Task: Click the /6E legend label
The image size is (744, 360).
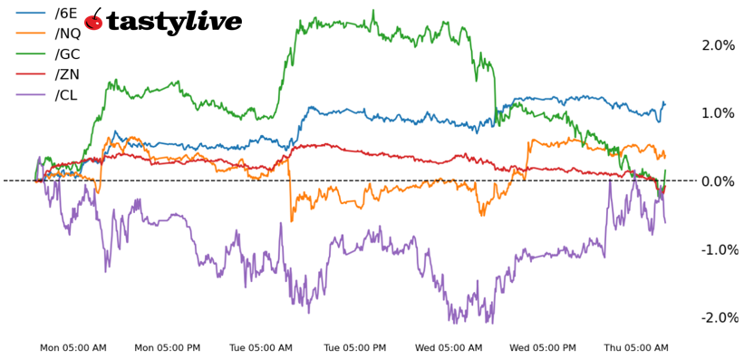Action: pyautogui.click(x=66, y=14)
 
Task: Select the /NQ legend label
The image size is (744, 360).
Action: pyautogui.click(x=69, y=34)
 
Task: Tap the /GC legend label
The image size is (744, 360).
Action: pyautogui.click(x=68, y=54)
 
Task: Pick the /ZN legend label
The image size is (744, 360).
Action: pyautogui.click(x=67, y=75)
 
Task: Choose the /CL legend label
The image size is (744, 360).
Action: pyautogui.click(x=66, y=95)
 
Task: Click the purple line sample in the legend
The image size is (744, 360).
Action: pyautogui.click(x=31, y=95)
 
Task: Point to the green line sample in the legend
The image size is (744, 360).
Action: pyautogui.click(x=31, y=54)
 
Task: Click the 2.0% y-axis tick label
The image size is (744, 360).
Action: pyautogui.click(x=718, y=45)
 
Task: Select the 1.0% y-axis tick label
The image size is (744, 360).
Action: pyautogui.click(x=718, y=113)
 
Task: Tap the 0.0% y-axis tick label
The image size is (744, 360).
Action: pyautogui.click(x=718, y=181)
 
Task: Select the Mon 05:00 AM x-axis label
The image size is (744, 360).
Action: pyautogui.click(x=73, y=348)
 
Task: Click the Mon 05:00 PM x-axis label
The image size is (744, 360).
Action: pyautogui.click(x=168, y=348)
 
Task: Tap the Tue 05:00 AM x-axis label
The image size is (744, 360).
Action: pyautogui.click(x=261, y=348)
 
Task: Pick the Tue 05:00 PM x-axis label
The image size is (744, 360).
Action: pyautogui.click(x=355, y=348)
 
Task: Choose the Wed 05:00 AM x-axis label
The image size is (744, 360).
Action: pyautogui.click(x=449, y=348)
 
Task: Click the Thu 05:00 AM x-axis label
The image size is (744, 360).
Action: pyautogui.click(x=636, y=348)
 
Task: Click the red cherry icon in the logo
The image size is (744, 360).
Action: pyautogui.click(x=93, y=20)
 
